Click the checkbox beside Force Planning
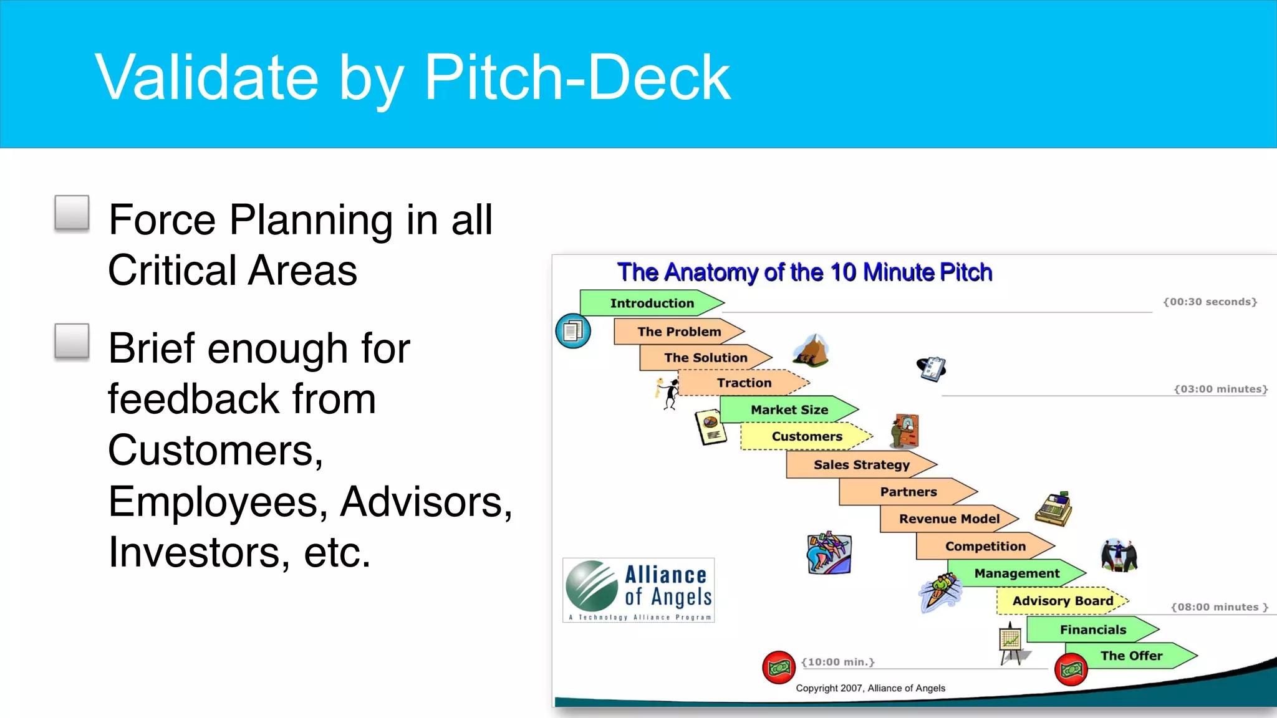72,213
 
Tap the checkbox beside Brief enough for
72,342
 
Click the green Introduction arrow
651,303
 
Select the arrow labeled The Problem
678,332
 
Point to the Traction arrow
743,383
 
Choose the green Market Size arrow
789,409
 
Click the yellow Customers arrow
806,436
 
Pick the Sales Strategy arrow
860,464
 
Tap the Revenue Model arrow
948,519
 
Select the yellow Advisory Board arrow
1062,601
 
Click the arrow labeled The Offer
1130,656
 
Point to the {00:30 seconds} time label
1210,302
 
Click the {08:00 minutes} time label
1219,607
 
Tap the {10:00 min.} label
837,662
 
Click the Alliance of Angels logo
638,590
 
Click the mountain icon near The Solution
811,350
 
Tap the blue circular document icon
572,331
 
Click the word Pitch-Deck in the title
577,77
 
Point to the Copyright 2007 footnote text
870,688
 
